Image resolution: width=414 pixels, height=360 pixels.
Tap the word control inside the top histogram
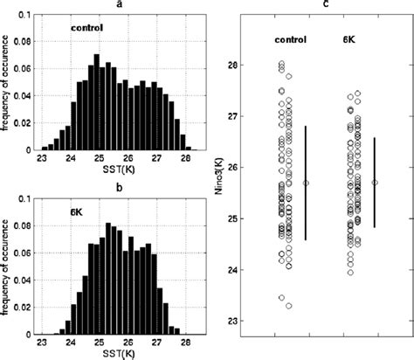[x=87, y=28]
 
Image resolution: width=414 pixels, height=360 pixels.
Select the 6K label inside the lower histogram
[x=76, y=211]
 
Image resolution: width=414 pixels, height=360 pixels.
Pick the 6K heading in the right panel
[x=348, y=40]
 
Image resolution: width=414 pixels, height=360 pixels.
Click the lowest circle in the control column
[x=288, y=306]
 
